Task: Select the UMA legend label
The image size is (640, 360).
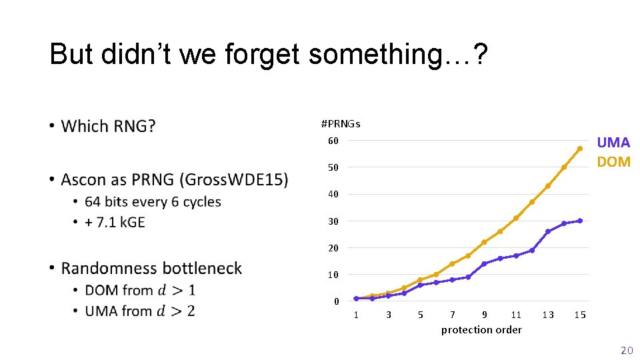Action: tap(613, 142)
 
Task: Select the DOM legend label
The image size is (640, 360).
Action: tap(613, 162)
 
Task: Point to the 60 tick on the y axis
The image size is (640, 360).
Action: tap(333, 141)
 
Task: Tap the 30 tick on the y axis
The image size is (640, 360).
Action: tap(333, 221)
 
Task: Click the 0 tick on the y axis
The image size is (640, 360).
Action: tap(336, 301)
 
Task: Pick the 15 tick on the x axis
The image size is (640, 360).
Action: tap(580, 315)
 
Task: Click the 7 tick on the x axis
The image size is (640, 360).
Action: tap(453, 315)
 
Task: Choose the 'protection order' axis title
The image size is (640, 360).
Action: tap(481, 329)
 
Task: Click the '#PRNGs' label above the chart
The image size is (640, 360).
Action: tap(341, 124)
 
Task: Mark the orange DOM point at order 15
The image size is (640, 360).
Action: tap(580, 148)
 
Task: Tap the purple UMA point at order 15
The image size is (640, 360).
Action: tap(580, 221)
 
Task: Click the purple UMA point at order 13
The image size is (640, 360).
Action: tap(548, 231)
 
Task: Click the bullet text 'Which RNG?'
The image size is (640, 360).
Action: tap(108, 126)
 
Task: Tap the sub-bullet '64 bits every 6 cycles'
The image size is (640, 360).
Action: tap(153, 201)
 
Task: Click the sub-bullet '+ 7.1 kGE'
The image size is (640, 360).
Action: tap(115, 222)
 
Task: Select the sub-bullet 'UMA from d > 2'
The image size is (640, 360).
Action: tap(139, 311)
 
